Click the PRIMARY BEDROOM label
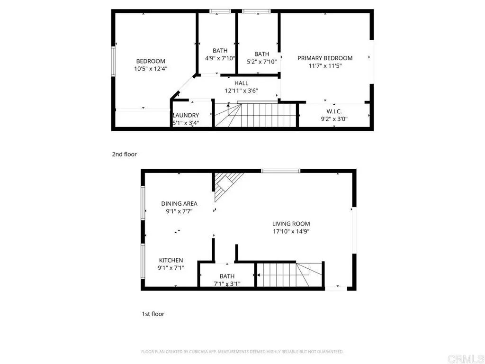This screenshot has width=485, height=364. click(325, 58)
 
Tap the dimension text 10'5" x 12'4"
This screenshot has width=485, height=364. click(151, 69)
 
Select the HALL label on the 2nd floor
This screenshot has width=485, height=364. click(241, 83)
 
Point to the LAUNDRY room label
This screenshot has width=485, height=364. click(186, 115)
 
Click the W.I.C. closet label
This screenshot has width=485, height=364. click(334, 111)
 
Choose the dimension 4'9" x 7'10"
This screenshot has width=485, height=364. click(220, 58)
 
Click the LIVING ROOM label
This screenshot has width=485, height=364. click(291, 224)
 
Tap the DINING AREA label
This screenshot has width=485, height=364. click(179, 204)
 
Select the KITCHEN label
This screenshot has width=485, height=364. click(171, 260)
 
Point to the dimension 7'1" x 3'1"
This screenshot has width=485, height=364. click(227, 284)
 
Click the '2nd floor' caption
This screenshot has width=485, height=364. click(124, 154)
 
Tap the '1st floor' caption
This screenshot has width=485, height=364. click(153, 314)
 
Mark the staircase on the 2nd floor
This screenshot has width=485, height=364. click(256, 115)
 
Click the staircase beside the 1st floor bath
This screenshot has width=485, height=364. click(289, 274)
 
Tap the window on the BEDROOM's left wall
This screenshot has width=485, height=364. click(113, 61)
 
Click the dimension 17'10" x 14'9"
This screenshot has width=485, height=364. click(291, 232)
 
